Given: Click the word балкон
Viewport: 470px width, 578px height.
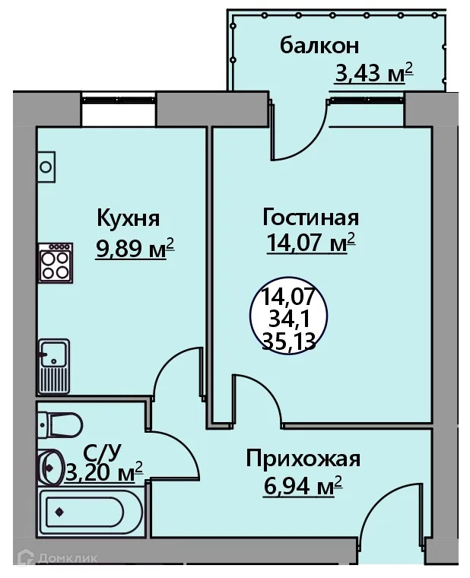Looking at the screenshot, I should (x=319, y=46).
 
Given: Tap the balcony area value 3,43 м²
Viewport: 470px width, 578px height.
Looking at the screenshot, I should (x=373, y=75).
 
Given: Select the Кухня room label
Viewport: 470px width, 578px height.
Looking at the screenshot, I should (x=128, y=219).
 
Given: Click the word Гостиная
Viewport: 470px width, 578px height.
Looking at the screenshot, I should (x=310, y=218).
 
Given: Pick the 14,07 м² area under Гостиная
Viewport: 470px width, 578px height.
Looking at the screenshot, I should (x=311, y=244).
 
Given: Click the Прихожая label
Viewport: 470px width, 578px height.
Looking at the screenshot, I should (x=302, y=459).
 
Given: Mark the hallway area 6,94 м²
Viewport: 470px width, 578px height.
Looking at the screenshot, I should (x=303, y=485).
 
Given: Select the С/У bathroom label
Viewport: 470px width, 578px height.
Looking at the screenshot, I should (x=103, y=454).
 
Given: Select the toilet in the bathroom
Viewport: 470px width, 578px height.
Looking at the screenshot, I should (x=59, y=422).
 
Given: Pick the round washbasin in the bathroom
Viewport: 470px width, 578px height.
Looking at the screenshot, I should (x=51, y=467).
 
